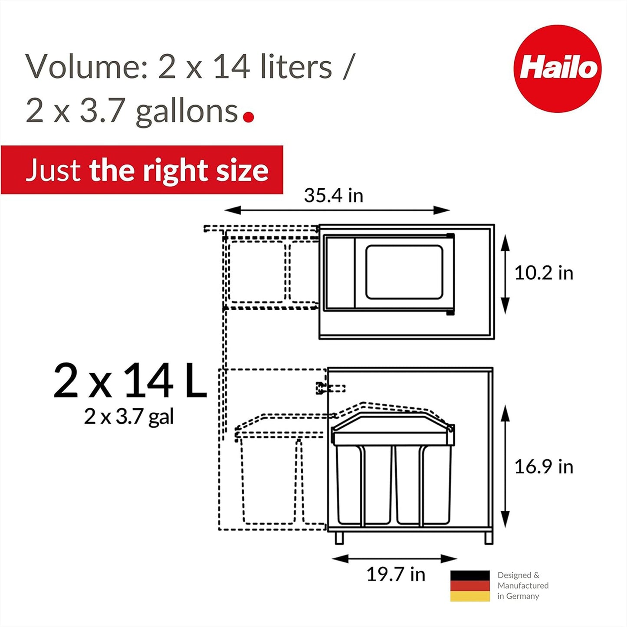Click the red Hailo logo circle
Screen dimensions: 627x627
tap(557, 69)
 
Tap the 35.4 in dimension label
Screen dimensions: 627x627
tap(333, 195)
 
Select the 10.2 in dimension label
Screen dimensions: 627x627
tap(543, 273)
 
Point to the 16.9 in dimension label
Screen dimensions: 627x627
tap(543, 467)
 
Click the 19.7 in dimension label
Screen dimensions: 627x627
tap(396, 574)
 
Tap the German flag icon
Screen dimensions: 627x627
tap(470, 586)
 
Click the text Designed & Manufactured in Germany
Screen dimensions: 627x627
tap(522, 585)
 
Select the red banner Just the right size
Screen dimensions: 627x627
tap(142, 170)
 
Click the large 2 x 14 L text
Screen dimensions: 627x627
tap(129, 381)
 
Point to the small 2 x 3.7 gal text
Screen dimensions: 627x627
tap(129, 417)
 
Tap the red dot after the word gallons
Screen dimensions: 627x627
tap(249, 117)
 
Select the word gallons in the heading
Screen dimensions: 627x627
tap(187, 112)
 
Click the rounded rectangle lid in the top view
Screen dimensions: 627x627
tap(404, 272)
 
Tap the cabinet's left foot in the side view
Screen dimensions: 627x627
tap(339, 538)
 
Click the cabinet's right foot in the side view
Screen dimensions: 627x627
tap(489, 538)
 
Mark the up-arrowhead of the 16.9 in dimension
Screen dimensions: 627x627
tap(505, 414)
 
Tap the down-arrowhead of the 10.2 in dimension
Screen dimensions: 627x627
tap(505, 305)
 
